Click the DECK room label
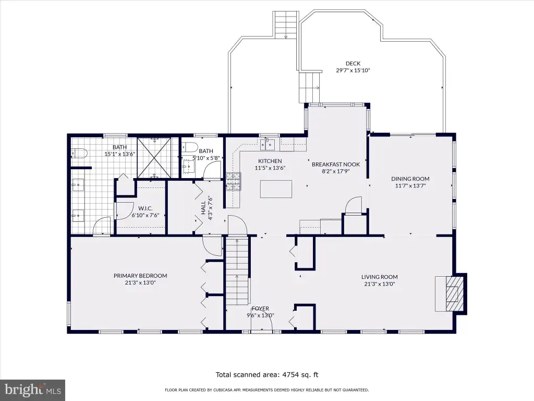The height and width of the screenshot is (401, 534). pyautogui.click(x=353, y=63)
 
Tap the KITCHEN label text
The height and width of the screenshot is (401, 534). pyautogui.click(x=270, y=161)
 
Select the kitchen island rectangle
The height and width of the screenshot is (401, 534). pyautogui.click(x=276, y=189)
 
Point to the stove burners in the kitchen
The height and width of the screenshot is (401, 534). pyautogui.click(x=233, y=181)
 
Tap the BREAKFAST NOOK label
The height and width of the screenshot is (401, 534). pyautogui.click(x=336, y=164)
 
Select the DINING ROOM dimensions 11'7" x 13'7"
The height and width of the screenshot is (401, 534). pyautogui.click(x=410, y=186)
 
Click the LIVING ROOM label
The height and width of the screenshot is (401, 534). pyautogui.click(x=380, y=277)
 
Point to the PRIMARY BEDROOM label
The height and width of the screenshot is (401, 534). pyautogui.click(x=140, y=276)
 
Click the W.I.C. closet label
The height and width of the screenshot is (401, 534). pyautogui.click(x=145, y=208)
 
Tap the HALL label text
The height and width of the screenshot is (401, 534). pyautogui.click(x=203, y=208)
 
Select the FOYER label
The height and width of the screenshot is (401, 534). pyautogui.click(x=261, y=308)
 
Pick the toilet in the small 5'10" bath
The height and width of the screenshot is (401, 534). pyautogui.click(x=190, y=147)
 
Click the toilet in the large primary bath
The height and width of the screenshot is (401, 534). pyautogui.click(x=79, y=154)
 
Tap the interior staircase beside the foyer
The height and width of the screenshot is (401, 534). pyautogui.click(x=237, y=272)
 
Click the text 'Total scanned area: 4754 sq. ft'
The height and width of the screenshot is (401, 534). pyautogui.click(x=267, y=375)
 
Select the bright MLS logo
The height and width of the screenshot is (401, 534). pyautogui.click(x=33, y=390)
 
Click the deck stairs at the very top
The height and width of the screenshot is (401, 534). pyautogui.click(x=286, y=25)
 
